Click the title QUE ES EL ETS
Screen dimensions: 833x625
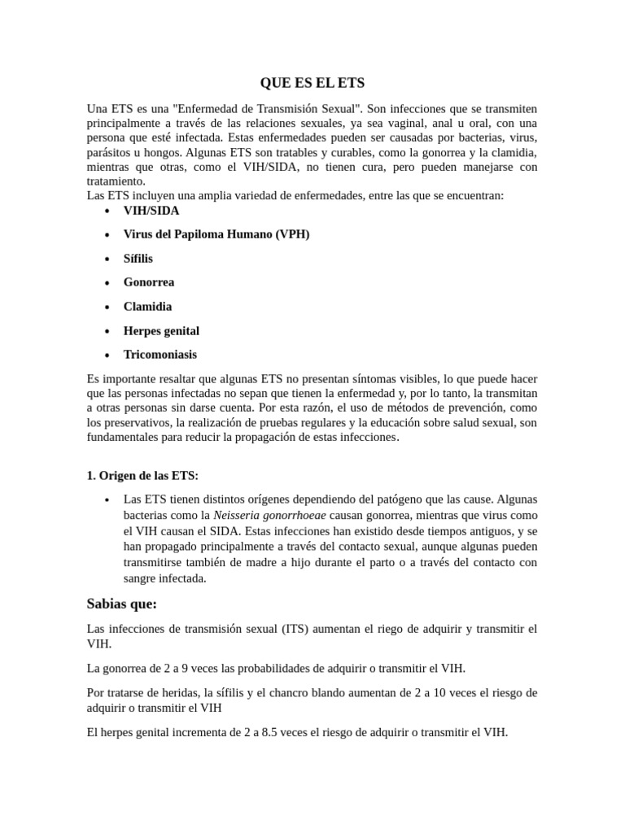point(312,83)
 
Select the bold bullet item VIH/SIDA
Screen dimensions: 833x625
point(151,211)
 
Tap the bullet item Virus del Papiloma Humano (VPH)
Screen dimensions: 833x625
point(216,234)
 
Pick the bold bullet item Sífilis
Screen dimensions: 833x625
point(138,259)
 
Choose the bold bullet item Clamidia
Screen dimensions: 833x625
point(147,307)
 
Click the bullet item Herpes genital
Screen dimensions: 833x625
point(161,331)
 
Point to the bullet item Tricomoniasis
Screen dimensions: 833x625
point(160,355)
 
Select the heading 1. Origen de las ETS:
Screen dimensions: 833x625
point(142,476)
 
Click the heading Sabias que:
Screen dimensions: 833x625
point(121,604)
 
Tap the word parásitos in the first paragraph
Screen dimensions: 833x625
point(109,152)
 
